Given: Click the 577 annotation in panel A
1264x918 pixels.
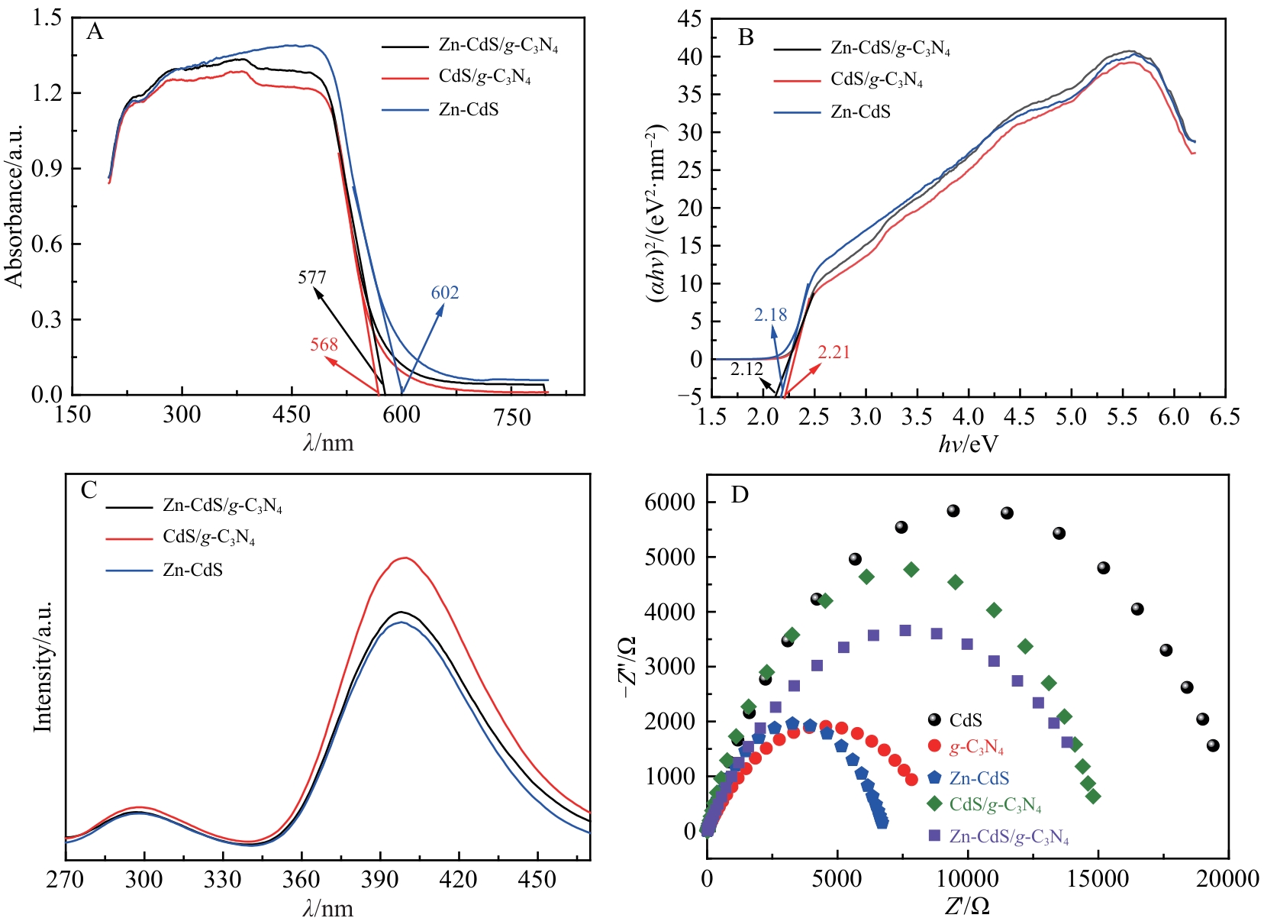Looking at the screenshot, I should tap(311, 277).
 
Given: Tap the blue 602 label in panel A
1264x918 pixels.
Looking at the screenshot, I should tap(444, 293).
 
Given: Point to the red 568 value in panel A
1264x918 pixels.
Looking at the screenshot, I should tap(324, 344).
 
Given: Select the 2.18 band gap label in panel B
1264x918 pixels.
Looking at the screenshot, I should tap(770, 315).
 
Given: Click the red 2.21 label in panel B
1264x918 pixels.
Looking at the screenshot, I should tap(834, 352).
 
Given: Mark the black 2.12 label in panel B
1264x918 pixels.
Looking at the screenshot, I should tap(746, 370).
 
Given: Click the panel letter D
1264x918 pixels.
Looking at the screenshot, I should tap(740, 495).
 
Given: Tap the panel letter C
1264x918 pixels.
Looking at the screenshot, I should tap(89, 490).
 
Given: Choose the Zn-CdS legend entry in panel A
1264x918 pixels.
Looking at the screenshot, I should tap(468, 110).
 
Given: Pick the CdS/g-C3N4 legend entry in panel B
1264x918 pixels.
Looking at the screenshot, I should tap(876, 79).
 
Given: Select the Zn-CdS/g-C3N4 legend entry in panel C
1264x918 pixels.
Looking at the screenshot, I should tap(222, 506).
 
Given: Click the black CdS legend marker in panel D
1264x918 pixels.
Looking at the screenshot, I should tap(934, 719).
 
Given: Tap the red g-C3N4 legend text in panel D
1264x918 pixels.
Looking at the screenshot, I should tap(976, 748).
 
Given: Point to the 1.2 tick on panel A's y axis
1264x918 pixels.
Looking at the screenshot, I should tap(47, 93).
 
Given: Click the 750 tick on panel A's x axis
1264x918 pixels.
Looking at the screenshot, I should tap(511, 416).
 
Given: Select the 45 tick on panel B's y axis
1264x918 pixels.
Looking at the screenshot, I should tap(689, 19).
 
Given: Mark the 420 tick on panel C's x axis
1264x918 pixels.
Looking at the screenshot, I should tap(458, 880).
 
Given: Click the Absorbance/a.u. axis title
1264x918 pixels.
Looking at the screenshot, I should tap(15, 206).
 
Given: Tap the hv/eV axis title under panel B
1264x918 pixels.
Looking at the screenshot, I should tap(968, 444).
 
